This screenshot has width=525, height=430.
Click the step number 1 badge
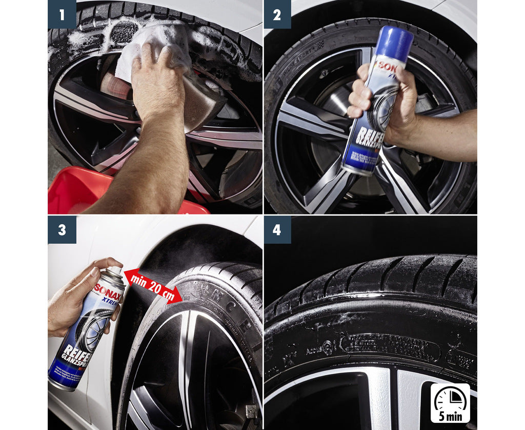coord(62,14)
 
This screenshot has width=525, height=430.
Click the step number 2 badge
coord(277,14)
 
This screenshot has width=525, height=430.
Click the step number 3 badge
coord(62,229)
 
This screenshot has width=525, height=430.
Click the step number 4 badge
coord(277,229)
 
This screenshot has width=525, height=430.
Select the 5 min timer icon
coord(450,398)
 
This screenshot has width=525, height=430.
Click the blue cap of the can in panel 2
coord(394,41)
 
